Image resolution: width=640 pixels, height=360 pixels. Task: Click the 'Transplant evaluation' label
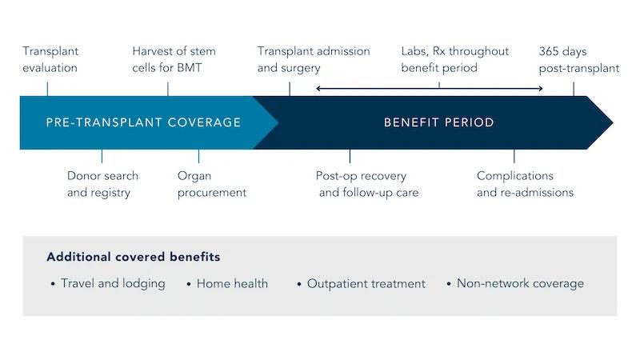click(x=50, y=60)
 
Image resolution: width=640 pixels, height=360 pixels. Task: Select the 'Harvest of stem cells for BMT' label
click(x=174, y=60)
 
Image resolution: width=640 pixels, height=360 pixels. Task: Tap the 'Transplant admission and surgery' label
click(x=314, y=60)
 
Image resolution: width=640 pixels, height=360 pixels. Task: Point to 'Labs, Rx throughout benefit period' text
click(x=454, y=60)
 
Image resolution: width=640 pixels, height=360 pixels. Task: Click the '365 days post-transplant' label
click(x=578, y=60)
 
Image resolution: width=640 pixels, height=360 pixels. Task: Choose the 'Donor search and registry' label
click(x=102, y=184)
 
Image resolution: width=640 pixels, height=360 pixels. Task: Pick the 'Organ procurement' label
click(x=211, y=184)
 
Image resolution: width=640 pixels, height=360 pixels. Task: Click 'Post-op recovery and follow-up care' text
click(x=367, y=184)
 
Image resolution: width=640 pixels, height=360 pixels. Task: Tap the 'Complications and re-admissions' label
click(x=525, y=184)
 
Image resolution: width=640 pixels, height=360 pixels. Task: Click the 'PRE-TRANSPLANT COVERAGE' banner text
click(x=143, y=122)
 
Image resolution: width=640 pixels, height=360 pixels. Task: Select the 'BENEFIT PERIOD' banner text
click(x=438, y=122)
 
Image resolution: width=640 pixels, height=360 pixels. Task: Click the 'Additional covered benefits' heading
click(x=133, y=258)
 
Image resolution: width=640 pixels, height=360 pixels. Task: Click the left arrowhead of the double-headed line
click(x=318, y=87)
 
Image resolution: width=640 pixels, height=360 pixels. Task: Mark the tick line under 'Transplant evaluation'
click(x=47, y=87)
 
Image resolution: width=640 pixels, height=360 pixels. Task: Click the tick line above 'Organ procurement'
click(x=198, y=156)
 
